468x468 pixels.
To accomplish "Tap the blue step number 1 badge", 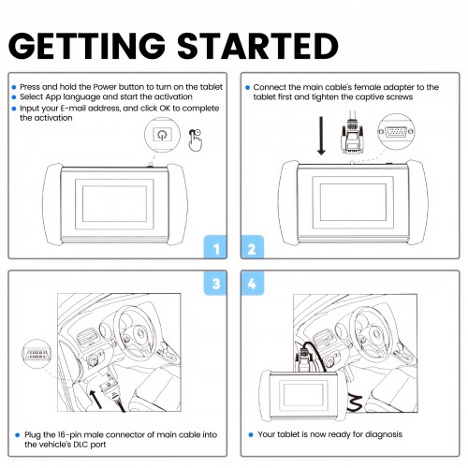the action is click(x=215, y=247).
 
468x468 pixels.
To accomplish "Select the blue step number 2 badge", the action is click(x=252, y=247).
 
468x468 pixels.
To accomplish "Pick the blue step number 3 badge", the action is click(x=215, y=283).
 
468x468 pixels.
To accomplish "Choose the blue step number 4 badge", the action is click(x=252, y=283).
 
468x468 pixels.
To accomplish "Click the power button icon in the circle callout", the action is click(x=162, y=135).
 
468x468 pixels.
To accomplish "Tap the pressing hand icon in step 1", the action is click(x=196, y=140).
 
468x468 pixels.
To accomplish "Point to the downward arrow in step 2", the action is click(x=321, y=136).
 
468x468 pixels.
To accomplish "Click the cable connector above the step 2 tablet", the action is click(x=352, y=138).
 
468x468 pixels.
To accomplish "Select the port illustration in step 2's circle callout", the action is click(x=396, y=132).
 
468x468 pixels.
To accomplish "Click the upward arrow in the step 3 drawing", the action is click(x=95, y=399).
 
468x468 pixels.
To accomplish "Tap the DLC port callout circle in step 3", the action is click(x=37, y=354).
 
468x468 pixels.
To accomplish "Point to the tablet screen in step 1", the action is click(x=114, y=204).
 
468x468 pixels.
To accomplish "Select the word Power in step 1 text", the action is click(x=105, y=87).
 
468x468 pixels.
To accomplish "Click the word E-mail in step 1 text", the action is click(x=73, y=109).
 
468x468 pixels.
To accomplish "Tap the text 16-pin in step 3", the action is click(x=69, y=435).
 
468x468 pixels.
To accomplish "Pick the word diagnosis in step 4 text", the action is click(x=384, y=434).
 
